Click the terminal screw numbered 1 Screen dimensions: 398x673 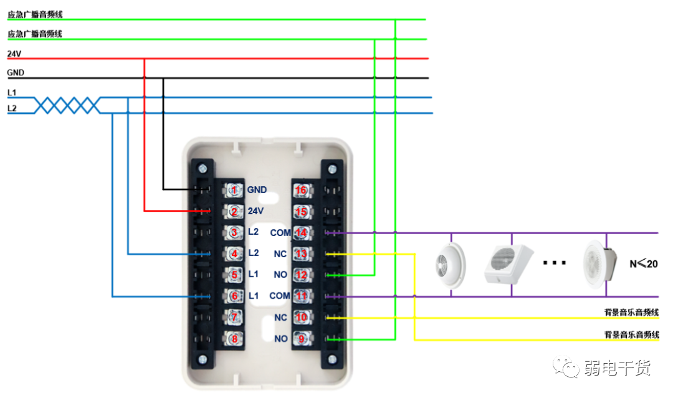234,189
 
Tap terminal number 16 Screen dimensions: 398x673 301,189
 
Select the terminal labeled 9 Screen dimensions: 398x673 301,339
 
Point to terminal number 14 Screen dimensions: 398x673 301,232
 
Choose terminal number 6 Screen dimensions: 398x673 234,296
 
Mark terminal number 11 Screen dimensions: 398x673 301,296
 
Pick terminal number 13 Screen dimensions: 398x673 301,253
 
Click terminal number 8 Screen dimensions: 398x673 234,339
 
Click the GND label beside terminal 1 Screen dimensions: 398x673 257,190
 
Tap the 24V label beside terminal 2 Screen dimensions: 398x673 256,211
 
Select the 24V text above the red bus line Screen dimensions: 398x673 13,54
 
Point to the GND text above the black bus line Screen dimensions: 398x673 16,73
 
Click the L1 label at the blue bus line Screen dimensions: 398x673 12,92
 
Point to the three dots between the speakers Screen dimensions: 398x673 553,263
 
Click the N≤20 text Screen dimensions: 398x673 644,263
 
